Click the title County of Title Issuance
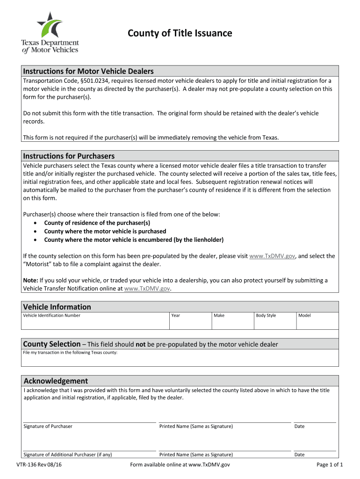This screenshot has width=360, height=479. pos(180,33)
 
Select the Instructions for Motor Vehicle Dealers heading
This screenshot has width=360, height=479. pos(89,71)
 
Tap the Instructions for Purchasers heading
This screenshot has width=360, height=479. pos(69,156)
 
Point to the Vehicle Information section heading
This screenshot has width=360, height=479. pos(57,307)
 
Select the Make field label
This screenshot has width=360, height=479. pos(219,316)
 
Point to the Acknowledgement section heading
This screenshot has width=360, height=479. pos(56,381)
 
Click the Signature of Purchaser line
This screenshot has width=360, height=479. pos(89,418)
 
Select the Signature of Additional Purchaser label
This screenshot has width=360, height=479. pos(68,455)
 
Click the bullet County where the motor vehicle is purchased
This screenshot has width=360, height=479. pos(105,232)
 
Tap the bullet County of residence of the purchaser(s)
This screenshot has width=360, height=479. pos(97,223)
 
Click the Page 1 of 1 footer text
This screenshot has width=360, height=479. pos(330,465)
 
